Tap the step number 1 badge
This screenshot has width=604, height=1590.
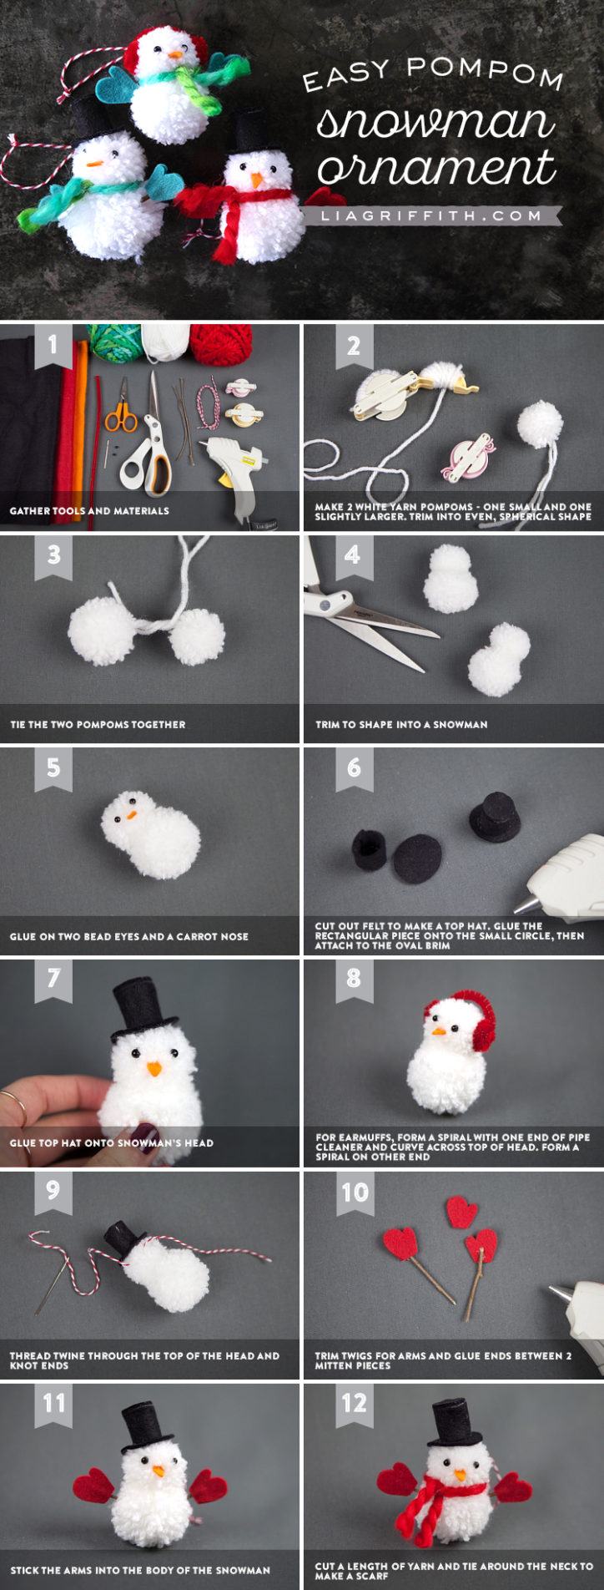[x=53, y=344]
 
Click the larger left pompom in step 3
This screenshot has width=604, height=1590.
[x=101, y=630]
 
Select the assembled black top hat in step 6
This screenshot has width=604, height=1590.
[x=495, y=816]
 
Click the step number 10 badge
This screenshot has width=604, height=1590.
[x=354, y=1192]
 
